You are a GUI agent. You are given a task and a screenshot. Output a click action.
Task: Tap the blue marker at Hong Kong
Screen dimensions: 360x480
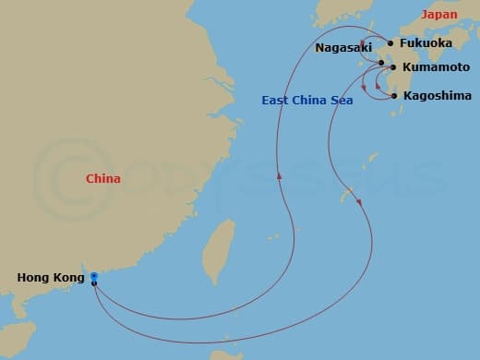[94, 276]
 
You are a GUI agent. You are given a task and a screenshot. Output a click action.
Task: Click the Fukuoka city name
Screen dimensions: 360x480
[426, 42]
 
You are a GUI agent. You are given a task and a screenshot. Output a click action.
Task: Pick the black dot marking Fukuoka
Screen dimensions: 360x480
[390, 43]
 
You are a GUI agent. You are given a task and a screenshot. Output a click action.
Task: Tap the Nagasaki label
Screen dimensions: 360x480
[343, 47]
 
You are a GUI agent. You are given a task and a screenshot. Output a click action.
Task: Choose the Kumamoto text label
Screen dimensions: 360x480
[435, 67]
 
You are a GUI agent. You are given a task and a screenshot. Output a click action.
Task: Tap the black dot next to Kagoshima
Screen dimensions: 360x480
[394, 95]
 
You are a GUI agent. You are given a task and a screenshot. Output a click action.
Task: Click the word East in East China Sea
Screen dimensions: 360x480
[276, 100]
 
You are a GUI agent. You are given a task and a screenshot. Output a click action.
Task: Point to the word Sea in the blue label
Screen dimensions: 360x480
[342, 100]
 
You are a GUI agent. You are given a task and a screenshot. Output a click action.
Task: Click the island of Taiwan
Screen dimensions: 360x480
[218, 250]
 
